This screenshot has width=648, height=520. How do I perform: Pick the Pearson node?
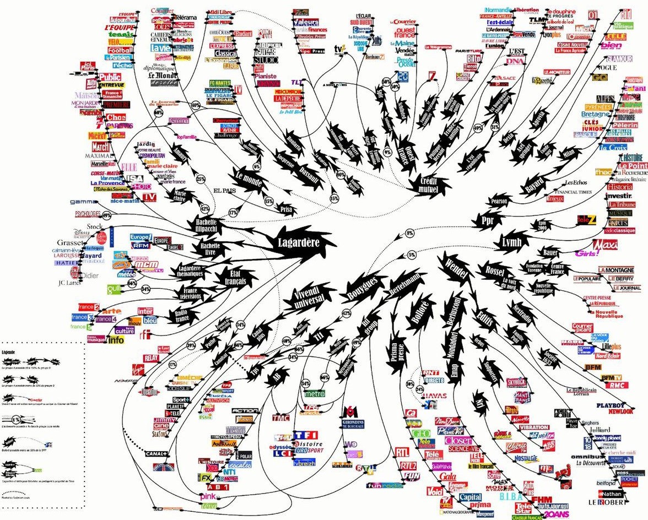499,202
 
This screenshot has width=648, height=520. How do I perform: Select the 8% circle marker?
409,234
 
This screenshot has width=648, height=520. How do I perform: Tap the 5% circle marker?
411,255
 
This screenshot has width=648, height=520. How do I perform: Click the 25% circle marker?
201,179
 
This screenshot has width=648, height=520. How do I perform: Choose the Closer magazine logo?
458,441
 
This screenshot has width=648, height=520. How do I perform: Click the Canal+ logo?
155,453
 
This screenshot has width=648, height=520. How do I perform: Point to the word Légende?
9,351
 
